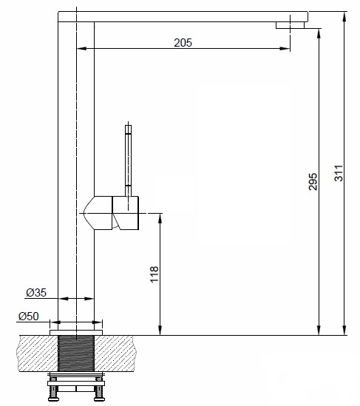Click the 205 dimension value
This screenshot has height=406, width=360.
pos(183,43)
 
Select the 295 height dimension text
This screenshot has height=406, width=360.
pos(312,182)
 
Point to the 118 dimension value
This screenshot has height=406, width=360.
pos(154,274)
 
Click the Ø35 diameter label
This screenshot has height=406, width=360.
pos(36,293)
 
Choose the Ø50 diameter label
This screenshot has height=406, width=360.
pos(27,317)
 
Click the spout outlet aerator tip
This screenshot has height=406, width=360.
pos(291,26)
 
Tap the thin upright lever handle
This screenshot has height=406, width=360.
pos(129,159)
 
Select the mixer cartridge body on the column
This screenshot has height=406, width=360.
pos(118,213)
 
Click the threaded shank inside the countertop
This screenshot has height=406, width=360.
pos(76,354)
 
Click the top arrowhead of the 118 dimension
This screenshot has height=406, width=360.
pos(160,218)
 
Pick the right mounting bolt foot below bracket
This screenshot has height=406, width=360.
pos(98,396)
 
